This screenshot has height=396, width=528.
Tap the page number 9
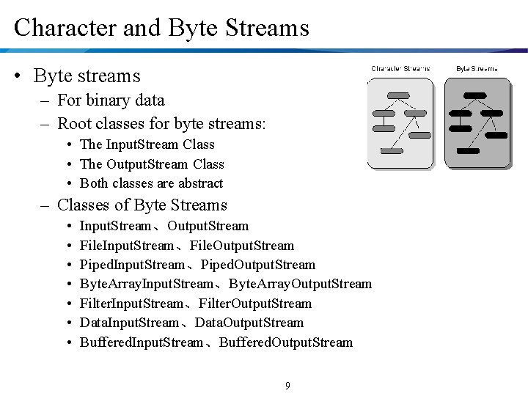[x=287, y=385]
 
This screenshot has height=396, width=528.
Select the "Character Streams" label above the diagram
[x=400, y=69]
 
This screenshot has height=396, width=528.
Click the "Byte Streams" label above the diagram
[x=477, y=69]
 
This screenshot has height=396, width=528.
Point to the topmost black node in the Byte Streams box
[x=475, y=95]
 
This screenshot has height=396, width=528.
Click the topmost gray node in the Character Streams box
[x=398, y=95]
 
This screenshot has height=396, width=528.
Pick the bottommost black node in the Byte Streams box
[x=467, y=150]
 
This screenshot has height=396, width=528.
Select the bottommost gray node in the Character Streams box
[x=392, y=150]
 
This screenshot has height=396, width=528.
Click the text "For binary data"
[x=111, y=100]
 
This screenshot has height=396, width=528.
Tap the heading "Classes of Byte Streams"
[x=142, y=205]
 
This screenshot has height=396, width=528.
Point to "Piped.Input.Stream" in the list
[x=132, y=265]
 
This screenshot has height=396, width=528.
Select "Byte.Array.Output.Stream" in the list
[x=300, y=284]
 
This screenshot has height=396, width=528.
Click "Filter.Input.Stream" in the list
[x=132, y=304]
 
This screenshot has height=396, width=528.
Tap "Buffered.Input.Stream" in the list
[x=141, y=342]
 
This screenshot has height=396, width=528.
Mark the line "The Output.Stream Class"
[x=152, y=164]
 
